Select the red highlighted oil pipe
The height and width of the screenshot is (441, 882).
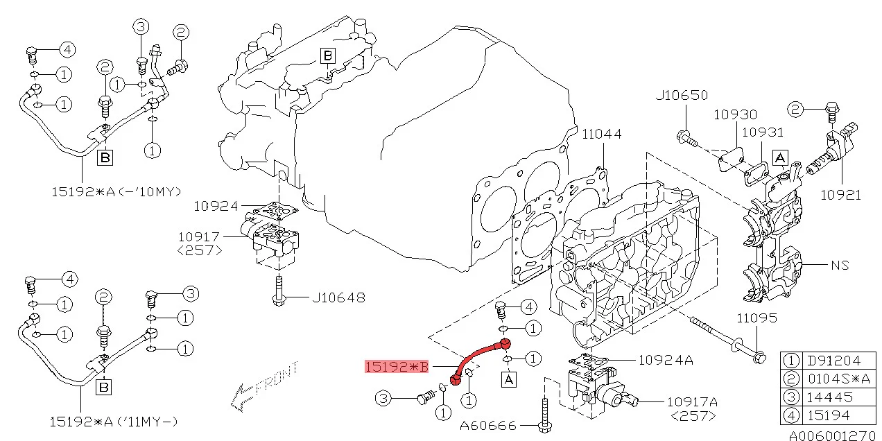click(x=478, y=356)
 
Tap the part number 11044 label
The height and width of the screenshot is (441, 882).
click(x=601, y=134)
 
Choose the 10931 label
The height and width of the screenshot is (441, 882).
click(x=762, y=132)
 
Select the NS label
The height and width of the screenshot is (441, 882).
click(x=840, y=265)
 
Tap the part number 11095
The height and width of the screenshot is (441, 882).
click(x=756, y=318)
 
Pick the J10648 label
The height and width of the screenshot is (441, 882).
click(x=338, y=298)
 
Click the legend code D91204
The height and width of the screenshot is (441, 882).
click(x=833, y=361)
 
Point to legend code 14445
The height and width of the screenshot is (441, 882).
click(x=828, y=397)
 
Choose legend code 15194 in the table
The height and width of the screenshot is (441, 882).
click(x=828, y=416)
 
